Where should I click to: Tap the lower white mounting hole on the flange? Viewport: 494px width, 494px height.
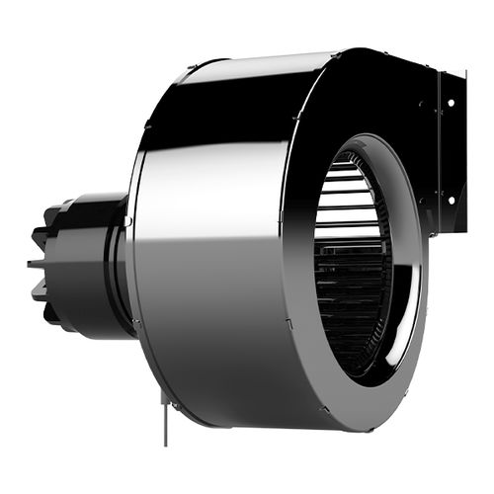(453, 197)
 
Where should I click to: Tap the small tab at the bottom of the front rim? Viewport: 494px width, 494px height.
(322, 406)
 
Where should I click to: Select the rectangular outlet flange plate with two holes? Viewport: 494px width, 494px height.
(450, 148)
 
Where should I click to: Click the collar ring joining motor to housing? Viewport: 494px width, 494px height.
(121, 267)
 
